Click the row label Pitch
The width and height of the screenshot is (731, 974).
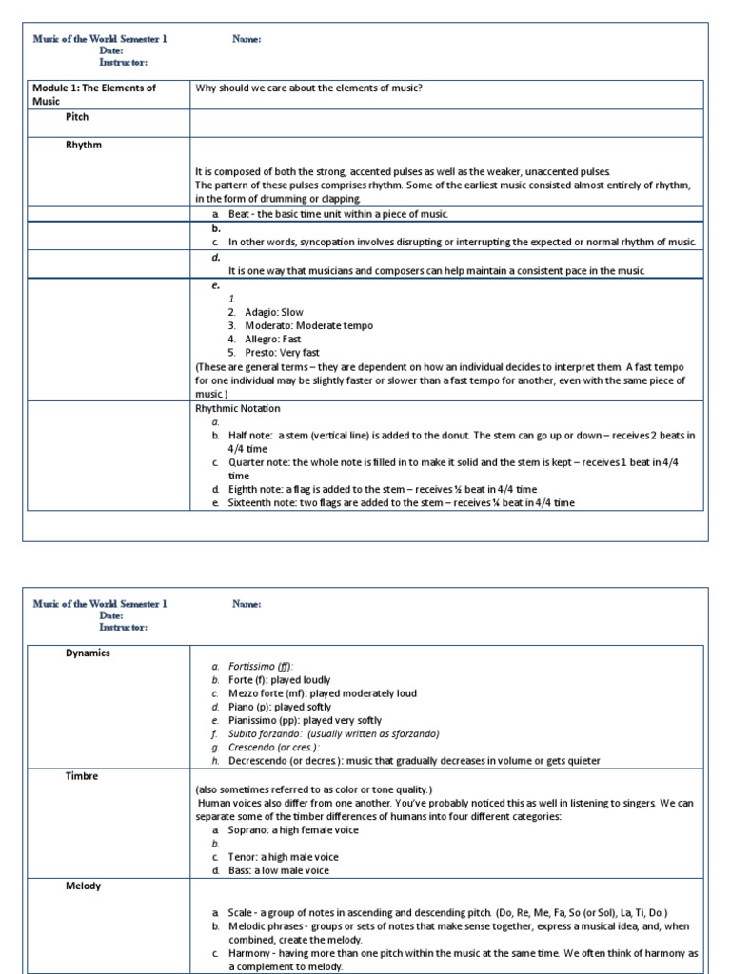(77, 117)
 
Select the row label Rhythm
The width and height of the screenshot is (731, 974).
(84, 146)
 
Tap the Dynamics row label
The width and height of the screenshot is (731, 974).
(88, 653)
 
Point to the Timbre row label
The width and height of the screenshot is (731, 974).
(82, 776)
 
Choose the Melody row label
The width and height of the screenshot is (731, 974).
(84, 886)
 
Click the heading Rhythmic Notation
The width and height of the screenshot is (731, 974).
(237, 408)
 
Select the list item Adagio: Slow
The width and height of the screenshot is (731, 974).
(274, 312)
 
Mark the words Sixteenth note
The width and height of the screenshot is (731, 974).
(263, 502)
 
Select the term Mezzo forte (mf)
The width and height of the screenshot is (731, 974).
(267, 693)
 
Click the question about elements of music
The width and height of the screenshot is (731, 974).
(308, 88)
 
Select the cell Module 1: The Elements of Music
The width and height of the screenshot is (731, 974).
(94, 94)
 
